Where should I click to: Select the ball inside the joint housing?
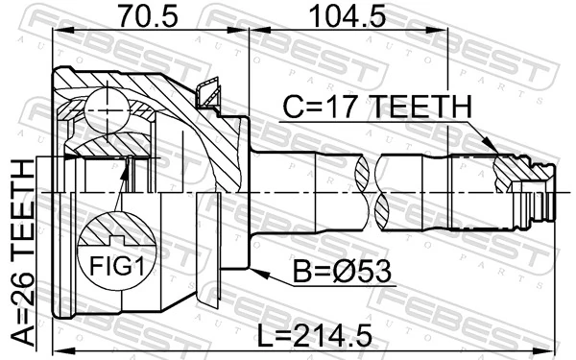(x=103, y=108)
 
